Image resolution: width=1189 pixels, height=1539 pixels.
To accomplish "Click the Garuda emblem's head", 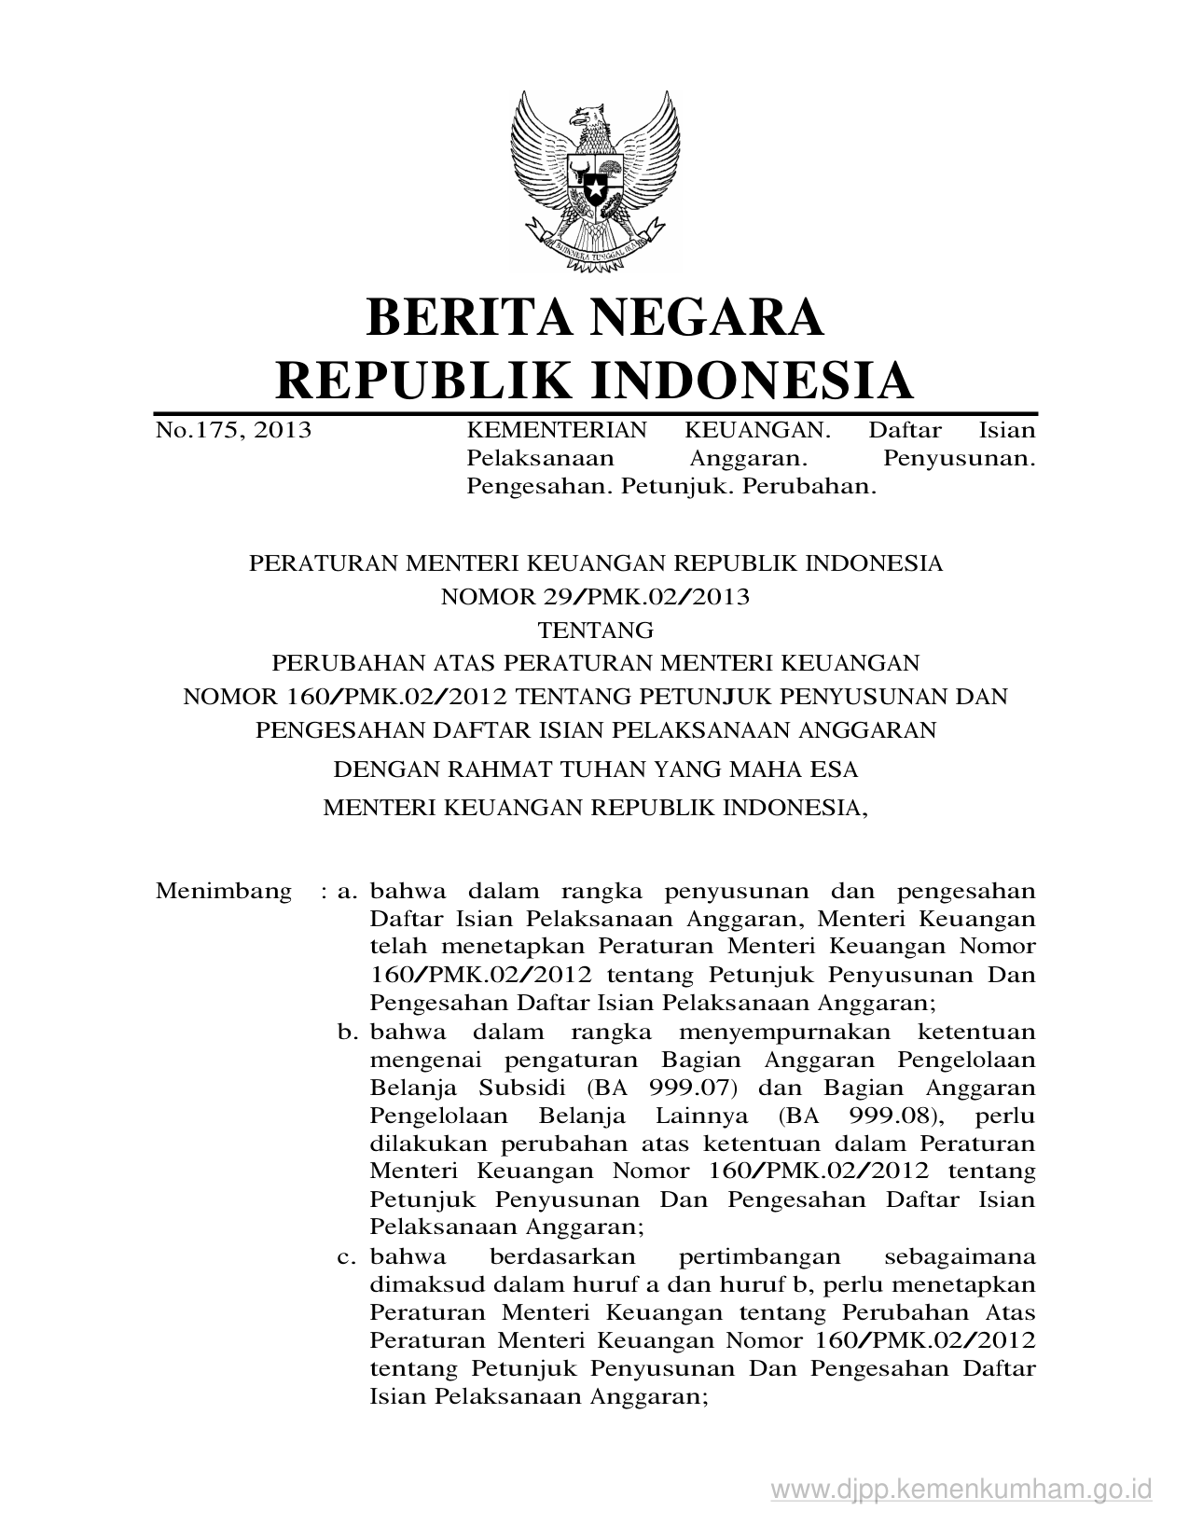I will (x=589, y=119).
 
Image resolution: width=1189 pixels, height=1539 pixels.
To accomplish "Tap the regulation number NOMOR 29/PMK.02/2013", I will (x=594, y=597).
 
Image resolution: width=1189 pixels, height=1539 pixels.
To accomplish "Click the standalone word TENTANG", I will (x=595, y=631).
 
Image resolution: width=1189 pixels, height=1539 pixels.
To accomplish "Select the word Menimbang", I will (x=224, y=891).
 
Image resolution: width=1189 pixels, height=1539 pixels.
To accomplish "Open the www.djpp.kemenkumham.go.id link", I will (x=961, y=1488).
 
